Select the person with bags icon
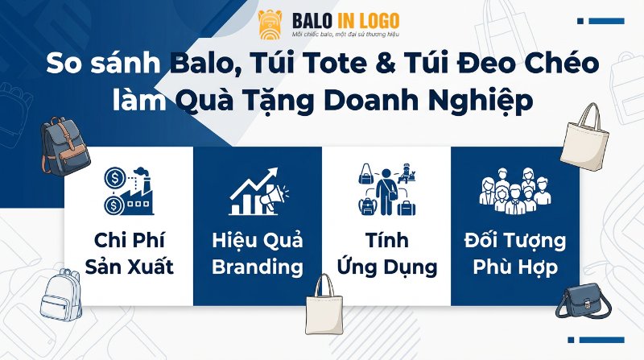[x=386, y=190]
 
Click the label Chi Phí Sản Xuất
[x=129, y=253]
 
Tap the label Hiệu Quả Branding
[x=257, y=253]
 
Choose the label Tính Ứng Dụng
[x=386, y=253]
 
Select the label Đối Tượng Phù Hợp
[x=514, y=253]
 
